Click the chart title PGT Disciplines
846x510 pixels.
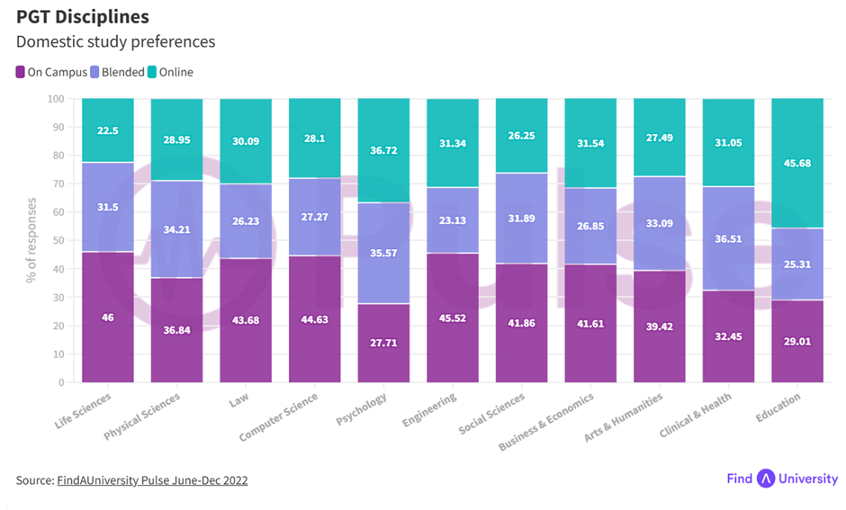[83, 17]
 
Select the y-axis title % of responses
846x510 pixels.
[31, 240]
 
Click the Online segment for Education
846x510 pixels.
[797, 163]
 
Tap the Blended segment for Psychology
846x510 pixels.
[383, 253]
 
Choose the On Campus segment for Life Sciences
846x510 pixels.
[108, 317]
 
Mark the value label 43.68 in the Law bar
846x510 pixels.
[246, 320]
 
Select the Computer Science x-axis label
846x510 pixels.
[279, 417]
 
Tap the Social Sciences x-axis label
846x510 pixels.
[491, 414]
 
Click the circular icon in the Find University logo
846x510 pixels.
[766, 479]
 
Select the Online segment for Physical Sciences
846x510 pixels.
[176, 139]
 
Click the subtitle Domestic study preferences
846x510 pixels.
[115, 42]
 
